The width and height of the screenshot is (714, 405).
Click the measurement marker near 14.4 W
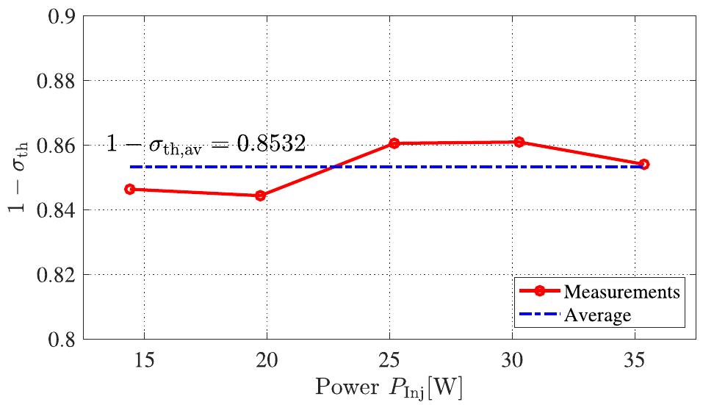point(130,189)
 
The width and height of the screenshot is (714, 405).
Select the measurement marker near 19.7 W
point(260,196)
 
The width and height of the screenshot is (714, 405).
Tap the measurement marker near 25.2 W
point(394,143)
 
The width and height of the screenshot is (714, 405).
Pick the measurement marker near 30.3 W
point(519,142)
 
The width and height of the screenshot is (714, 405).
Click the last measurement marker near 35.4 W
point(644,164)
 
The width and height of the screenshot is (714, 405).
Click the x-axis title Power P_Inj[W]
point(389,386)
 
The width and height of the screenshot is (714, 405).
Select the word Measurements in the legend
point(621,292)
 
